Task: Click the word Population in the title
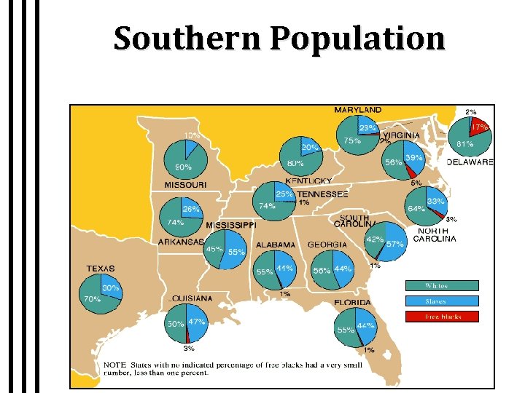358,38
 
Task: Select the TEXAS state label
101,269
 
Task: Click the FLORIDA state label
353,302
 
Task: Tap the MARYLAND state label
357,110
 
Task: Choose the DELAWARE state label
470,162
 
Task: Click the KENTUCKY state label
308,180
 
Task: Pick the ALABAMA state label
275,245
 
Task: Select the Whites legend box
442,286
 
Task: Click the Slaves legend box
442,301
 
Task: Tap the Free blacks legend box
442,317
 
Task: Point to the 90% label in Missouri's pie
183,167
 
